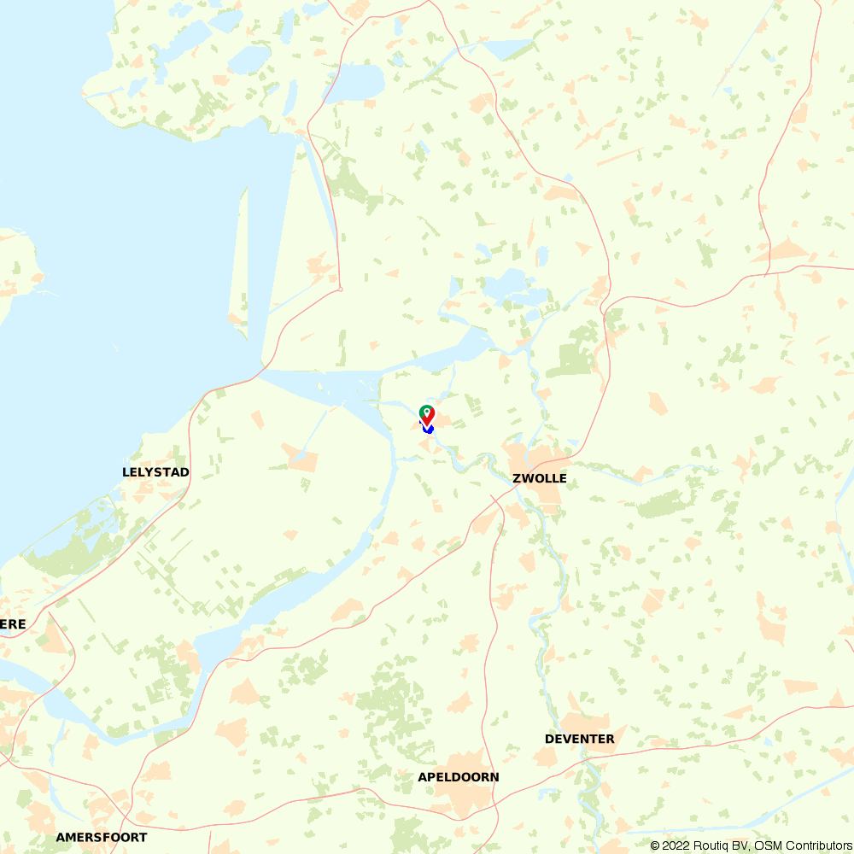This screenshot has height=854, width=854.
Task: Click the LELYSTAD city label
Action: click(155, 472)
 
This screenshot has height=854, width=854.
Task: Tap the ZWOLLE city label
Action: click(540, 478)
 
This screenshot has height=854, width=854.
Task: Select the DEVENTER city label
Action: click(579, 739)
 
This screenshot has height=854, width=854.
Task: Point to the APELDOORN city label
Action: click(459, 777)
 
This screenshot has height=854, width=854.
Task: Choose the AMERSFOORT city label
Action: click(102, 838)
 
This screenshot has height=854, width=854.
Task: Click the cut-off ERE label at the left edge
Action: click(13, 624)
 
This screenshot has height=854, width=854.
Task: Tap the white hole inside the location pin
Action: click(426, 411)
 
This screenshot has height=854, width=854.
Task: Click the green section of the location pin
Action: click(426, 409)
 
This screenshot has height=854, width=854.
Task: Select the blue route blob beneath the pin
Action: click(430, 429)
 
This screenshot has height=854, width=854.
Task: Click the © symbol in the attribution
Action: click(655, 845)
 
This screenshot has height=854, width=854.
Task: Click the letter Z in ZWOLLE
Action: click(518, 478)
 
